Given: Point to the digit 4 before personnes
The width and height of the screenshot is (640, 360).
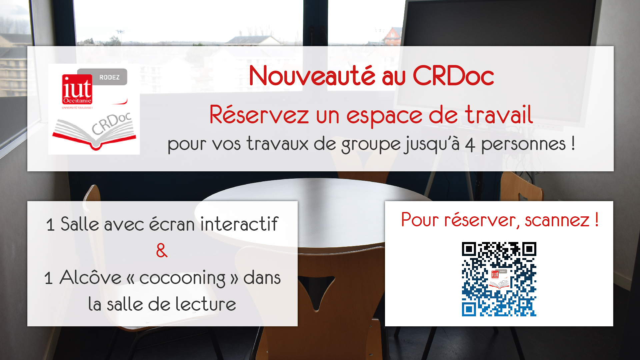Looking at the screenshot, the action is click(470, 145).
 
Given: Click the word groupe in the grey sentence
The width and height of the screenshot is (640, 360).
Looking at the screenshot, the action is click(371, 145).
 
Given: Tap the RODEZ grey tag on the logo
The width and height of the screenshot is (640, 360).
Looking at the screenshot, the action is click(109, 77).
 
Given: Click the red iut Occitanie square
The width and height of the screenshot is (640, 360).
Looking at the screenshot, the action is click(77, 89).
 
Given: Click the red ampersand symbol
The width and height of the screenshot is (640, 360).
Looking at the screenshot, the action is click(162, 250).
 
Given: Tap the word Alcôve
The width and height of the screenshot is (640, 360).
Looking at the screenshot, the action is click(90, 277).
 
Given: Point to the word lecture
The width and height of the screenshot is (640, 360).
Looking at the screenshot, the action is click(206, 304).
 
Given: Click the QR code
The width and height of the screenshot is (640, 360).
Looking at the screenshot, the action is click(499, 279).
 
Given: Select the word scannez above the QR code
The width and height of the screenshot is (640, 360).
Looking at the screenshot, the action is click(557, 220).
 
